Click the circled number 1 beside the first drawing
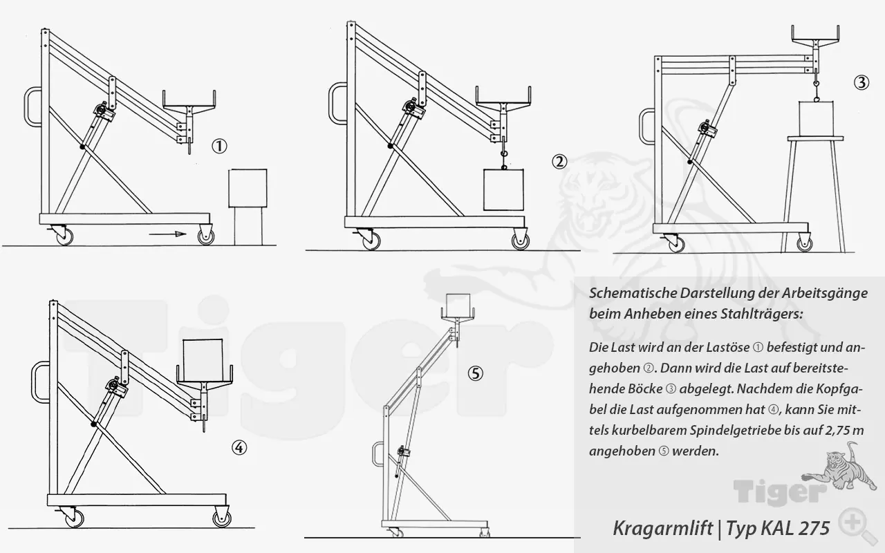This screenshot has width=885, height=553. (219, 146)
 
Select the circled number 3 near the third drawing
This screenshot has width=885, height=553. (861, 82)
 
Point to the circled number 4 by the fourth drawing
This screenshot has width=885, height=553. (239, 448)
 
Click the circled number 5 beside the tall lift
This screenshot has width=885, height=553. (476, 373)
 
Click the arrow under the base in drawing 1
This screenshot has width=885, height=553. (168, 235)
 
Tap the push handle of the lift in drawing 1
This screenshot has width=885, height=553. (30, 107)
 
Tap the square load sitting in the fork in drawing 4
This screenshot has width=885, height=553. (203, 361)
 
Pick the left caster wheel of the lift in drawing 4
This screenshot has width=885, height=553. (71, 516)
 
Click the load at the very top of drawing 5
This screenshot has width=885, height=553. (457, 304)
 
